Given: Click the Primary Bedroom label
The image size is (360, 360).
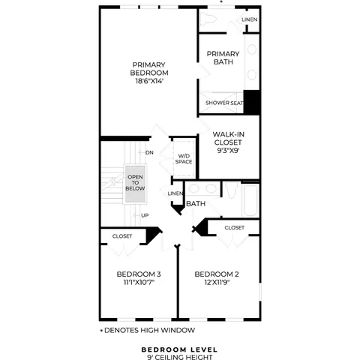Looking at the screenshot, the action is [x=149, y=69].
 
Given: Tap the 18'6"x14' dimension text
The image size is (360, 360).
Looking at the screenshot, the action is [x=149, y=81].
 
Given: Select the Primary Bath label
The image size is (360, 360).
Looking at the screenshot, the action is [x=223, y=58].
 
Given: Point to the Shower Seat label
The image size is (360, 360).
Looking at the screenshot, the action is [x=224, y=103].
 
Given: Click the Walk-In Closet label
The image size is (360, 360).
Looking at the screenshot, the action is [x=228, y=138].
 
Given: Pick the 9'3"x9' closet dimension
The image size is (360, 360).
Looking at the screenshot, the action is [x=228, y=151].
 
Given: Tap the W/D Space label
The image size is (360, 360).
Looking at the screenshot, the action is [x=184, y=159].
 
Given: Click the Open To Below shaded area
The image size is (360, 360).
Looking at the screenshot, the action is [x=135, y=184].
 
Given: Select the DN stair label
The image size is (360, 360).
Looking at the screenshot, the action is [x=149, y=152].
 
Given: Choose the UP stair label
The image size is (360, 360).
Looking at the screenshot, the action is [x=145, y=215].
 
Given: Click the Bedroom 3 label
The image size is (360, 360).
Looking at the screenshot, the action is [x=139, y=274].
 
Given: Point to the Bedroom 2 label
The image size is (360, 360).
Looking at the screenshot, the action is [x=217, y=274].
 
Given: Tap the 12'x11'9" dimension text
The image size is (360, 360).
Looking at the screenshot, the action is [x=217, y=282].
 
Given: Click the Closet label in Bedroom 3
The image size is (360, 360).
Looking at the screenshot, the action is [x=122, y=236].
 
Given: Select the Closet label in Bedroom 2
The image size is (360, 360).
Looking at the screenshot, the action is [x=234, y=227].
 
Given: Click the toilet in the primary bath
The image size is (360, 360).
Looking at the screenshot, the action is [x=208, y=19].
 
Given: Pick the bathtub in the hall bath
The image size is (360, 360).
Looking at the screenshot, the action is [x=250, y=200].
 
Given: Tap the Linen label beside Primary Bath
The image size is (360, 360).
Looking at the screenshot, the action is [x=250, y=19].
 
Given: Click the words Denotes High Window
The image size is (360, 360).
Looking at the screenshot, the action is [x=149, y=330].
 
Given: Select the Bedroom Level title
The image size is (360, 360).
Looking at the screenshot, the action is [x=179, y=349].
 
